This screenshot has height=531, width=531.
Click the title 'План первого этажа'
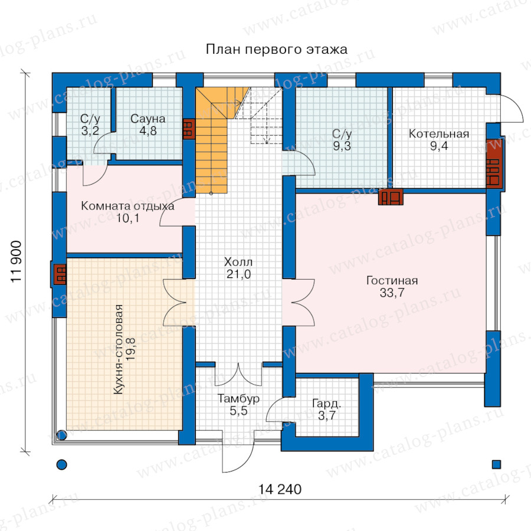point(276,50)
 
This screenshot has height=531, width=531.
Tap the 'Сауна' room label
point(147,119)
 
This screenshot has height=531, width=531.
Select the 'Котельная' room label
point(439,134)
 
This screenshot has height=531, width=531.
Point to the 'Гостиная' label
point(392,280)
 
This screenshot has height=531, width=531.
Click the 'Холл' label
point(238,262)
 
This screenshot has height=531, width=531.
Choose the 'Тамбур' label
point(238,399)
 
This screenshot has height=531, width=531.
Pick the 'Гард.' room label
point(326,404)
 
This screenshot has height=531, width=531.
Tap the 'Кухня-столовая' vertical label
point(118,349)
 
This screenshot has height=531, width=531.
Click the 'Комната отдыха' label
point(127,206)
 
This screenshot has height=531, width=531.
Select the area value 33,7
point(392,293)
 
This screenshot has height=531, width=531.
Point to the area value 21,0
point(238,274)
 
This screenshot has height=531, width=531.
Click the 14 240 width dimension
point(280,489)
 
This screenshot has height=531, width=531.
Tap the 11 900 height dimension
point(16,261)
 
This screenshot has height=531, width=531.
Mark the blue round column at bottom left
point(61,464)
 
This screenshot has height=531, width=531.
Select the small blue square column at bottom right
point(496,464)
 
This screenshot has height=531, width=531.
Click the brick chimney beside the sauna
point(189,129)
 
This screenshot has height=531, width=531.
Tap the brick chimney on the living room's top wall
point(391,196)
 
